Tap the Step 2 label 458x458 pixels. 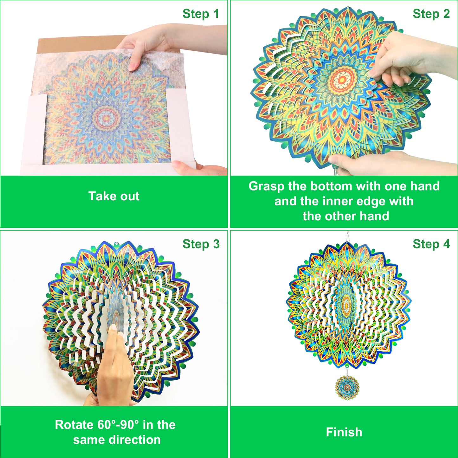[x=431, y=14]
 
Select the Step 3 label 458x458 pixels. [x=201, y=244]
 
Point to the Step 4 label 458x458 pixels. [x=431, y=244]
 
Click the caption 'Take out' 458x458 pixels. [x=114, y=196]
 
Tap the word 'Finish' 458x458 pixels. [x=344, y=432]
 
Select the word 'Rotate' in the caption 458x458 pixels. [x=74, y=425]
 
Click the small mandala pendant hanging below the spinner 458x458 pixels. [x=347, y=387]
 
